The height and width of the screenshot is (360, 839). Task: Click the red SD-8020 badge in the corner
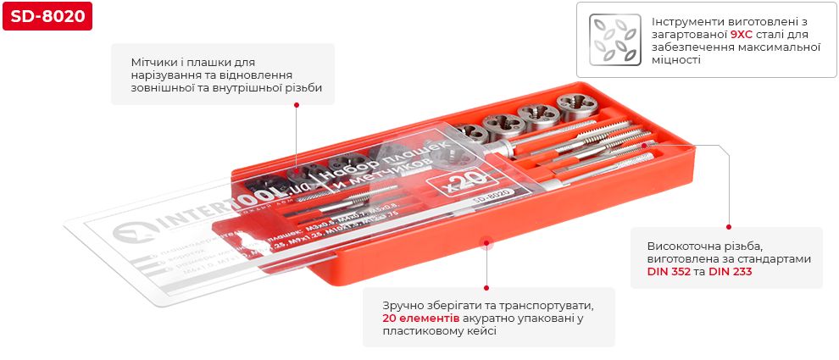[47, 18]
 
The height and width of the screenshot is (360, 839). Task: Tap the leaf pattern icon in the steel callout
[614, 39]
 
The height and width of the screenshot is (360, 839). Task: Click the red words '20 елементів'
[421, 318]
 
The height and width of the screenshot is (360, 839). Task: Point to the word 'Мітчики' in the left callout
[153, 63]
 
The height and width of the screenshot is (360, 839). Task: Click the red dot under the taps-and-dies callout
[297, 105]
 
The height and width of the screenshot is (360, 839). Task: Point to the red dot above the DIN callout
[727, 226]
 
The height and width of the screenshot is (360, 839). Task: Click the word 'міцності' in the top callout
[676, 61]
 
